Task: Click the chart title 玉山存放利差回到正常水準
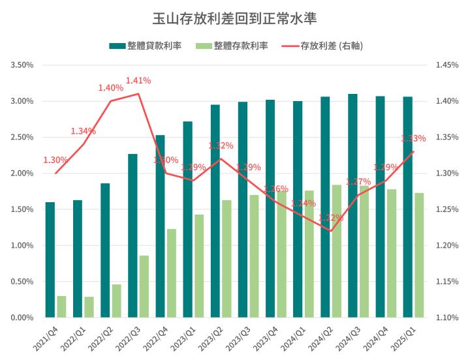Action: [x=234, y=17]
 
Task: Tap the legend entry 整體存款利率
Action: [x=241, y=46]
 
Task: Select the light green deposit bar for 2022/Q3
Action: [x=144, y=286]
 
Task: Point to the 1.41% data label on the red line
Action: [x=138, y=80]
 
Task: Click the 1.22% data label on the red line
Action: [x=330, y=218]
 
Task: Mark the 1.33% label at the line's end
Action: [x=413, y=138]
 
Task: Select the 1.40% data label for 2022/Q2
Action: [x=110, y=87]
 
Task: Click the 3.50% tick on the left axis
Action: [x=22, y=65]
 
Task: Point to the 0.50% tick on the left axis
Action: [x=22, y=282]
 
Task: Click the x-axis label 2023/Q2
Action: [x=210, y=338]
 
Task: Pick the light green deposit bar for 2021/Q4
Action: [x=61, y=307]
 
